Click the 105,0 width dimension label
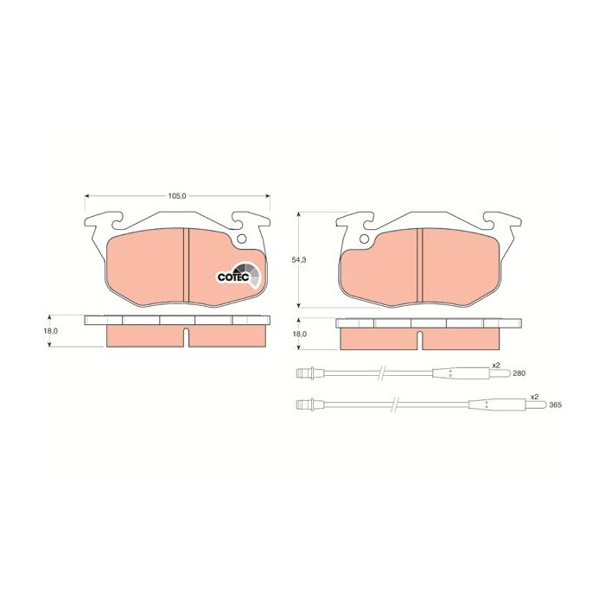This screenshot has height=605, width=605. click(177, 196)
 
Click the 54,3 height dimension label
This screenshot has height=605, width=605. click(298, 259)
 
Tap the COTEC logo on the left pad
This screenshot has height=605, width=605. click(235, 275)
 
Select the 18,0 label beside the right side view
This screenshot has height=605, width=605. click(299, 334)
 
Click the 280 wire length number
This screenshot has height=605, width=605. click(519, 373)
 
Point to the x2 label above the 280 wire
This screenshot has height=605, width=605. click(496, 365)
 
